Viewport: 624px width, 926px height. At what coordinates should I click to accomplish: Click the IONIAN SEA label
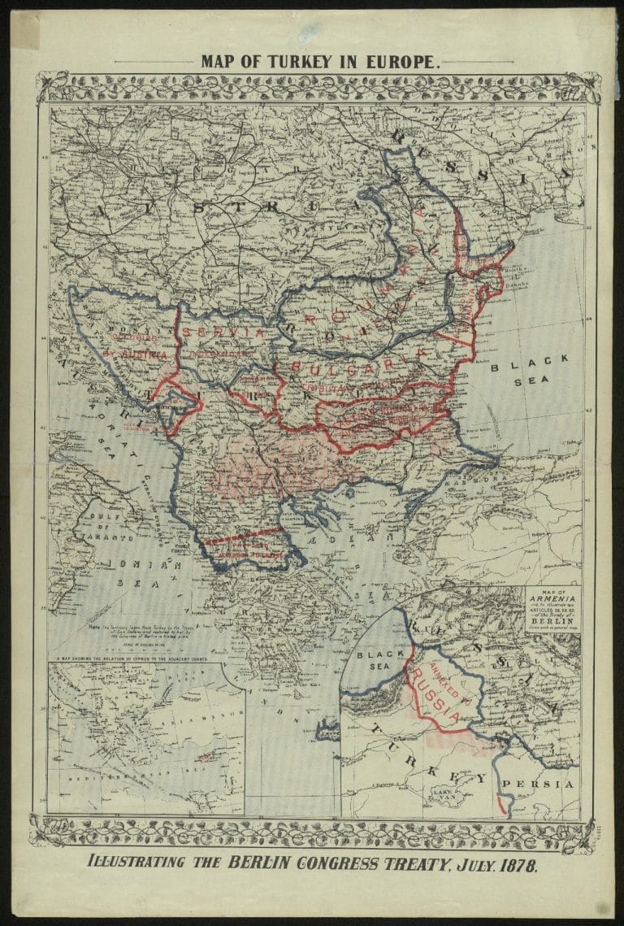point(128,572)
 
